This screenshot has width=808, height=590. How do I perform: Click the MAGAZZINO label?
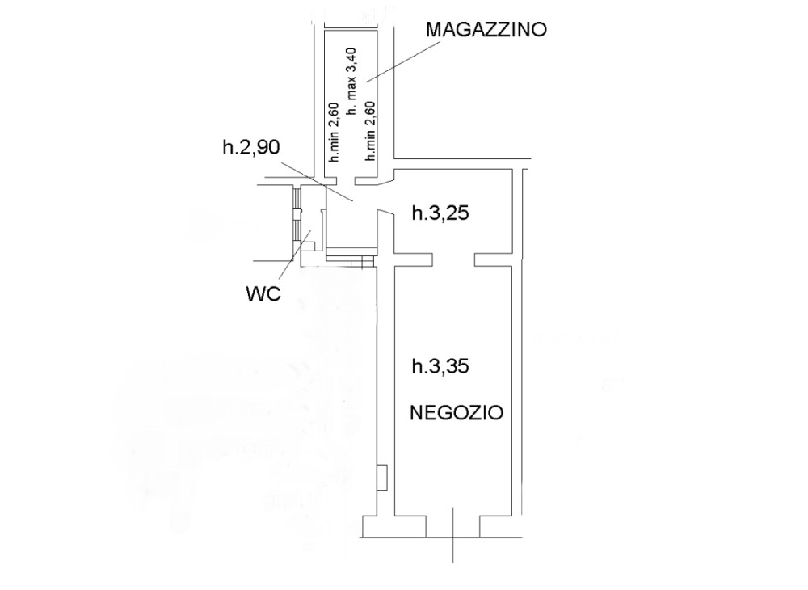486,29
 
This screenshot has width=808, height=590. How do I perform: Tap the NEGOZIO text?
457,413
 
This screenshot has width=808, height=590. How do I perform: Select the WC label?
263,293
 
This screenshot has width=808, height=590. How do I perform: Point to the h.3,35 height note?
440,366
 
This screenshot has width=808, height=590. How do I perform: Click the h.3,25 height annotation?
440,213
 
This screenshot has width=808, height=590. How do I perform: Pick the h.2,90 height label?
251,147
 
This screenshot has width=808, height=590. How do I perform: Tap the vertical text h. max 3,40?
351,82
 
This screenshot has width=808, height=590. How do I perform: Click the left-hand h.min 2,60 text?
334,132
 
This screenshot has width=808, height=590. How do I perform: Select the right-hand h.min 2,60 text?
370,131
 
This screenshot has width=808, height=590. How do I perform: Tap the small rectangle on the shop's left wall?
382,478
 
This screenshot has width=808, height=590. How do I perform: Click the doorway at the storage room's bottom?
346,181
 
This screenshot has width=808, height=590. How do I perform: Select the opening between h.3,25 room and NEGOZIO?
453,259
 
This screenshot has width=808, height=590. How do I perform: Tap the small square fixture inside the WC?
308,247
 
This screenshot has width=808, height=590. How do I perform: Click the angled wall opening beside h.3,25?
385,196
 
